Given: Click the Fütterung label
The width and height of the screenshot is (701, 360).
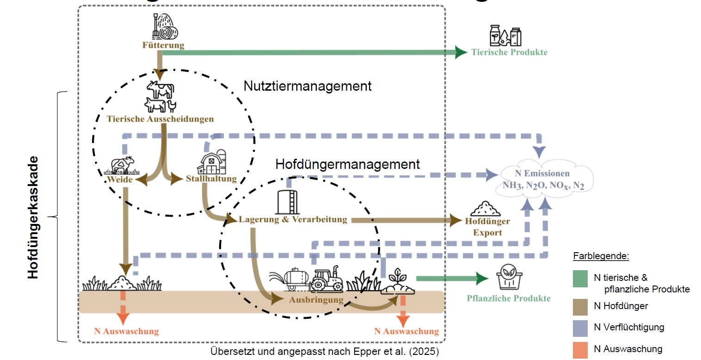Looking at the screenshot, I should (x=163, y=45).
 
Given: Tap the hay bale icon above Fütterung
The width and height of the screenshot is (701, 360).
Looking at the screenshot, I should (x=165, y=26).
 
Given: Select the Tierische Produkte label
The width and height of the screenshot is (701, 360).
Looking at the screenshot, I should (x=509, y=52).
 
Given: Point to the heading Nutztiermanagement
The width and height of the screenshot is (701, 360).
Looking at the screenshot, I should (x=307, y=86).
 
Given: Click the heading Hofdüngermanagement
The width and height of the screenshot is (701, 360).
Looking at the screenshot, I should (x=348, y=164).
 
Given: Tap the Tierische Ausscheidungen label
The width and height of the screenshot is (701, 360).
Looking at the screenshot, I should (x=160, y=119).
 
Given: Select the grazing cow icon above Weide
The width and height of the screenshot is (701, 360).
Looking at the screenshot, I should (x=122, y=165).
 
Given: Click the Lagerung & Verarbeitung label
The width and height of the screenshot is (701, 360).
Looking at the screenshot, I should (x=293, y=219).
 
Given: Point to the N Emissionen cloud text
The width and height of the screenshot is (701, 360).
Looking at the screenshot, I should (x=543, y=180).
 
